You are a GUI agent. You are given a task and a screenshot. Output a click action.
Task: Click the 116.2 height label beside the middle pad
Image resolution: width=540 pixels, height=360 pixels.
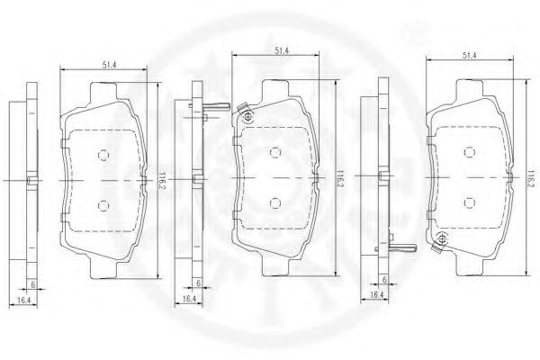click(x=339, y=177)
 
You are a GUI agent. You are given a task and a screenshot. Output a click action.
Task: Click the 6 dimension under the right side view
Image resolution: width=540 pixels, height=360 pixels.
click(x=384, y=279)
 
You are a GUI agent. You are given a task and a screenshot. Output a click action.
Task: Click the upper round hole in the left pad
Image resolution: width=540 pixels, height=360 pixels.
click(x=101, y=153)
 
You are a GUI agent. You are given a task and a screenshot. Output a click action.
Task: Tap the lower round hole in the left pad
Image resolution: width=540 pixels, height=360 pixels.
click(x=101, y=205)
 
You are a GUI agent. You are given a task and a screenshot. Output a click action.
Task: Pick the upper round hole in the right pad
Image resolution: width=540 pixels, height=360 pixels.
click(x=469, y=152)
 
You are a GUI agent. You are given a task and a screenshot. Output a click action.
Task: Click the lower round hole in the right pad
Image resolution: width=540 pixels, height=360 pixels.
click(x=469, y=203)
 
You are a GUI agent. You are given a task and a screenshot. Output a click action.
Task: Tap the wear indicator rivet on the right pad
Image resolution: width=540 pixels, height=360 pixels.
click(x=441, y=238)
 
